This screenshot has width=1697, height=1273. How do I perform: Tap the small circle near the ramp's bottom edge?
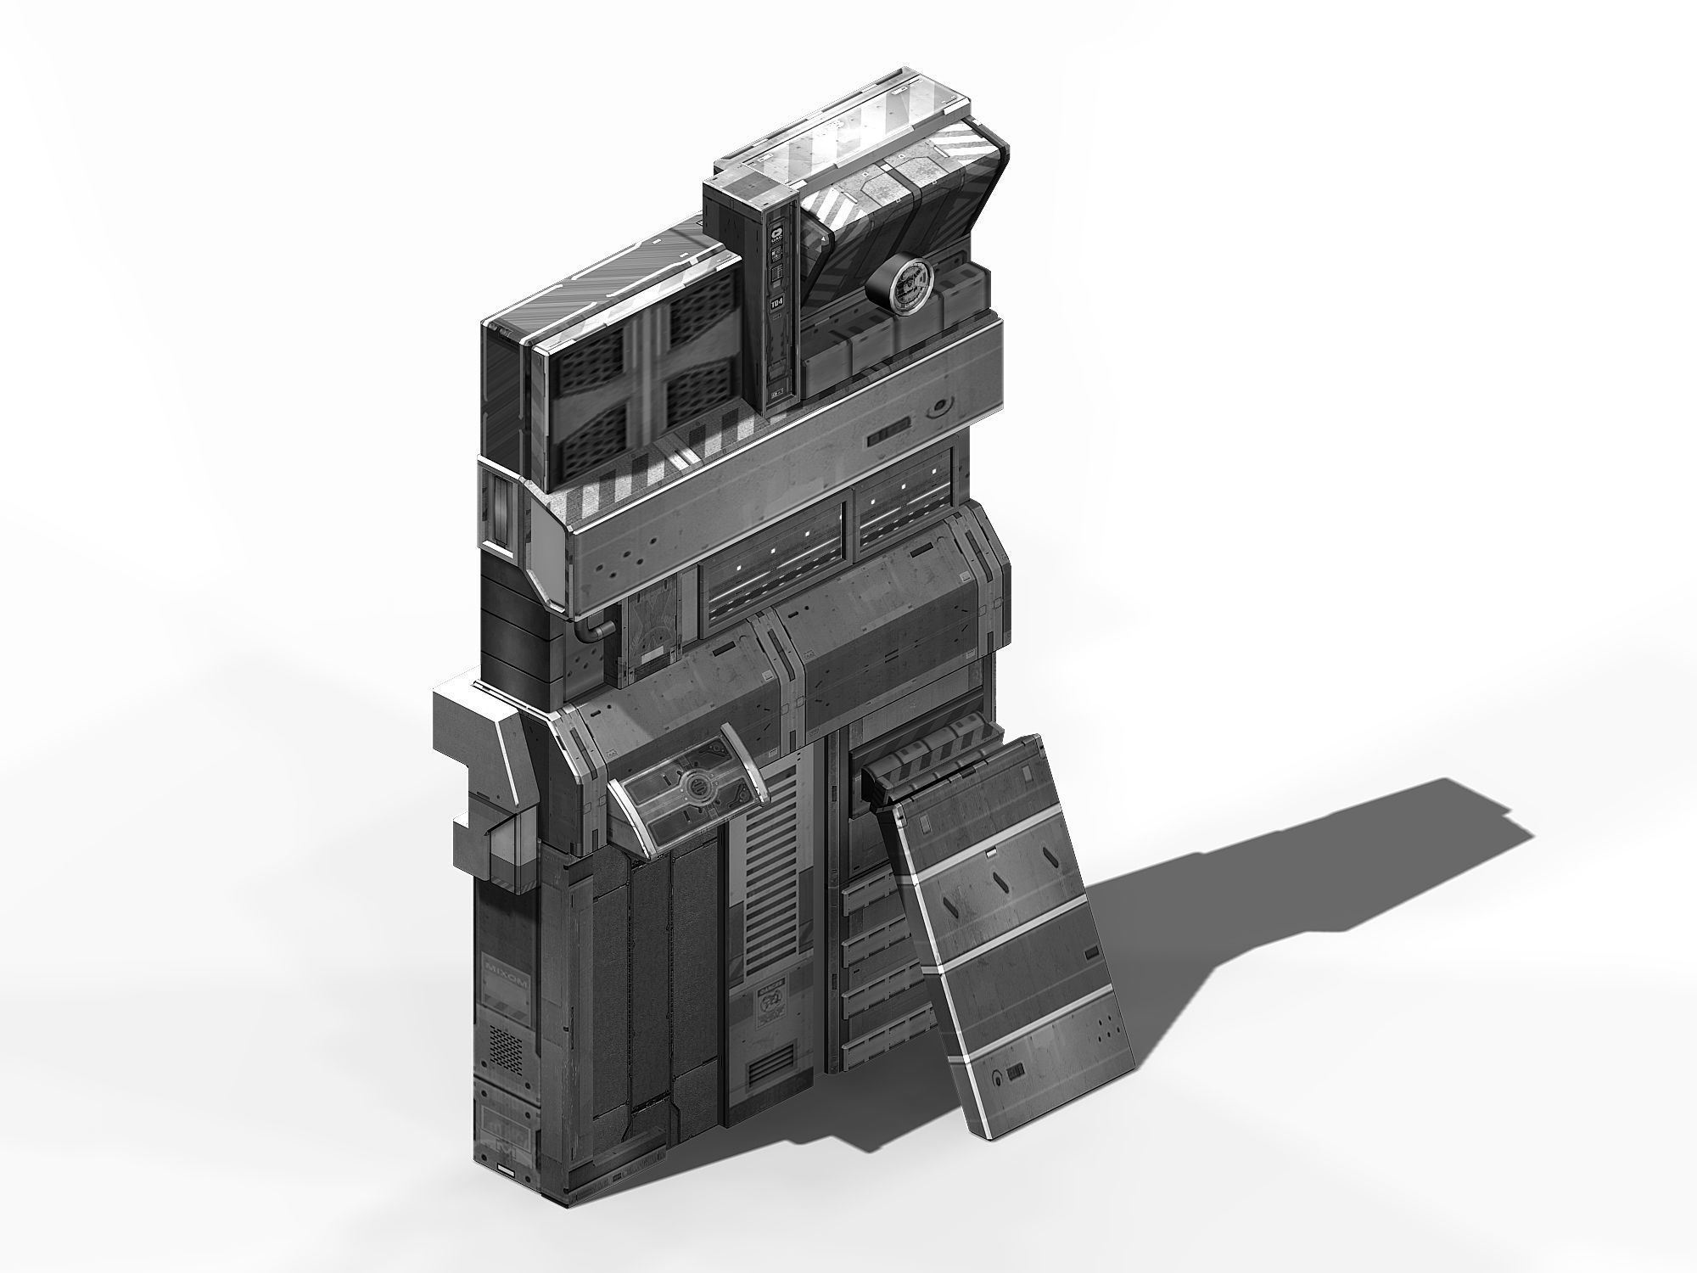pos(997,1080)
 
